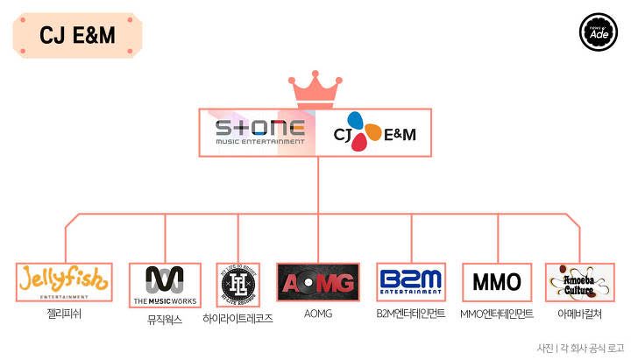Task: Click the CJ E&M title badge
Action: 78,35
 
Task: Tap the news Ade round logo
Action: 599,31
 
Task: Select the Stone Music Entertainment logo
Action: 260,132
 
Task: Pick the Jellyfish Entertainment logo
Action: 65,281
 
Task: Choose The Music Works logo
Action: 165,283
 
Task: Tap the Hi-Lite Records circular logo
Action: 238,283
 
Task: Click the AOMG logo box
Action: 317,282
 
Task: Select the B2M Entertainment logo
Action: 411,282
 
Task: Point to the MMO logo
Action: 497,282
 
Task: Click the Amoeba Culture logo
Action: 578,282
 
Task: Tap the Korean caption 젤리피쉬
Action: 65,312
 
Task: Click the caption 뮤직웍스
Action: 165,320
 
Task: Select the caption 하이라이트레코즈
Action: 238,319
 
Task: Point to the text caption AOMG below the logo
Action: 317,313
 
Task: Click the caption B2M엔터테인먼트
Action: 411,313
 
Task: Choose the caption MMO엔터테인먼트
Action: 497,313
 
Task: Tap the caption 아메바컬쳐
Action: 578,313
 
